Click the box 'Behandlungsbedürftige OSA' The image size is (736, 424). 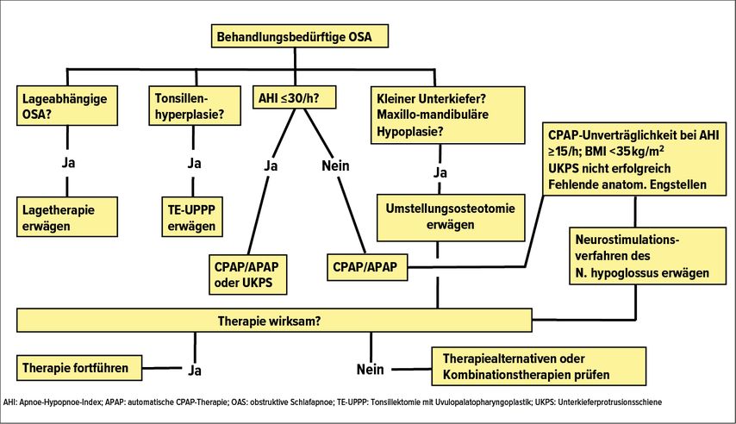(299, 36)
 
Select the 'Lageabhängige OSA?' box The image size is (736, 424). (67, 106)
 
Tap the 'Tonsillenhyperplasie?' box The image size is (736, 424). (195, 106)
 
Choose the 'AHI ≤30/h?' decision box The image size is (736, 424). (294, 97)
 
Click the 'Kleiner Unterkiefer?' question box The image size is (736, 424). (447, 115)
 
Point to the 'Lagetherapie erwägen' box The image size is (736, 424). (67, 217)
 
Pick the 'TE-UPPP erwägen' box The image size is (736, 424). (192, 217)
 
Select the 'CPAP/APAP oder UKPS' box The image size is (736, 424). (247, 274)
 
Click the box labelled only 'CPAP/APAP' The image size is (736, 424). (367, 267)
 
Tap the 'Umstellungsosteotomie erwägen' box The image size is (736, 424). (451, 217)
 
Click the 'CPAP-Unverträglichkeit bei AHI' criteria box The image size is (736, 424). (634, 159)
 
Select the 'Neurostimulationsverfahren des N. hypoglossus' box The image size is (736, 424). (647, 256)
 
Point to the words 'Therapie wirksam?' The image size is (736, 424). (270, 321)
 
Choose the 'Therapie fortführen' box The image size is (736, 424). (79, 368)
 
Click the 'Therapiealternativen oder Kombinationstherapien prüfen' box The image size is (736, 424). (539, 366)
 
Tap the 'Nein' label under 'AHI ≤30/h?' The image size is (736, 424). (335, 165)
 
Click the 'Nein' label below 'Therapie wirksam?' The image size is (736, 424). (371, 370)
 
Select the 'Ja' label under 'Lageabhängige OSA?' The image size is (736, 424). (68, 163)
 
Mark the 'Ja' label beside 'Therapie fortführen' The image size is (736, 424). (195, 371)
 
